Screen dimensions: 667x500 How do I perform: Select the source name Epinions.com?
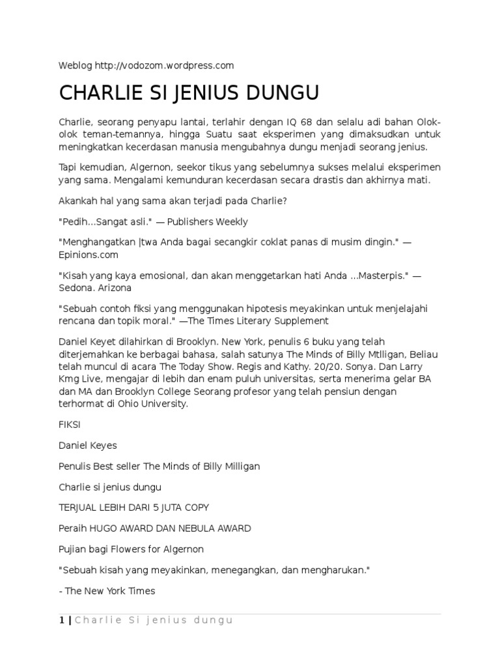coord(85,253)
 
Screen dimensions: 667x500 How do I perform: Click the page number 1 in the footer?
coord(62,621)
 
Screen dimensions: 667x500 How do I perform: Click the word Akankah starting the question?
coord(78,201)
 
